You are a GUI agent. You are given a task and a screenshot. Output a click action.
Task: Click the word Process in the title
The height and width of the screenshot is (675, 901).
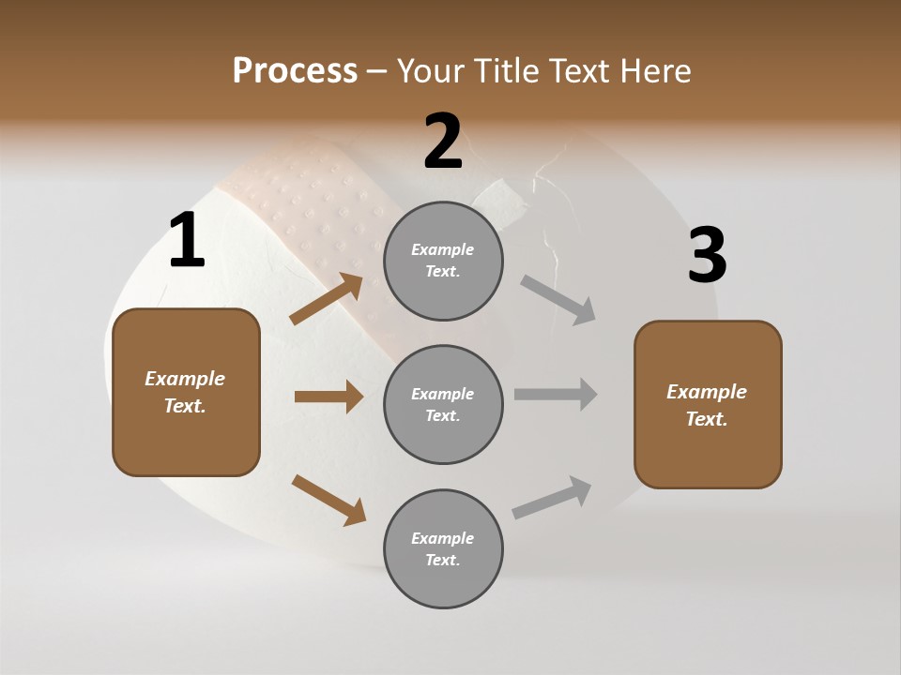tap(295, 71)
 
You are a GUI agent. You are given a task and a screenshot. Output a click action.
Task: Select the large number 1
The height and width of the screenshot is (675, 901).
tap(187, 241)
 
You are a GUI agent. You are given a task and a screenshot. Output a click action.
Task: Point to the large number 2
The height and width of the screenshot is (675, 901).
tap(443, 142)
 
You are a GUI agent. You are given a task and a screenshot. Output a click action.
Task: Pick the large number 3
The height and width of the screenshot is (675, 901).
tap(707, 255)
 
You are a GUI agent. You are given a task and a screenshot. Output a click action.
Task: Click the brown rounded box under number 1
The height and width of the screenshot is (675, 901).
tap(186, 392)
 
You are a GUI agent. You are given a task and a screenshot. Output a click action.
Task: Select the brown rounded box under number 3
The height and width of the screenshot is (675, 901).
tap(708, 404)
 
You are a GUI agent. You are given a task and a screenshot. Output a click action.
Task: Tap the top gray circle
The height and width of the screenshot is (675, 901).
tap(443, 261)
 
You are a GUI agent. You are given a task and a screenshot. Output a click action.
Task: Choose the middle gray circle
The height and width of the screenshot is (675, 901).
tap(443, 404)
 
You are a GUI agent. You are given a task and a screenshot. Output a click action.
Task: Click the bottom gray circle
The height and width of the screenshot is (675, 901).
tap(443, 548)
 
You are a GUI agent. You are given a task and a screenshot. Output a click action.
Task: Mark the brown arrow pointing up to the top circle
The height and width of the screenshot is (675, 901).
tap(327, 299)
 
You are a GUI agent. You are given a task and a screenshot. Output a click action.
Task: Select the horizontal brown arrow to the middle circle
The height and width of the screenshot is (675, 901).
tap(328, 397)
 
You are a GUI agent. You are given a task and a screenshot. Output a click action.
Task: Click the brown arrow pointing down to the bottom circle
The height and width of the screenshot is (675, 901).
tap(328, 500)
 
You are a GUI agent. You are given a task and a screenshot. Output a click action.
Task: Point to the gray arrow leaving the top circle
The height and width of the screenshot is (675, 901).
tap(557, 299)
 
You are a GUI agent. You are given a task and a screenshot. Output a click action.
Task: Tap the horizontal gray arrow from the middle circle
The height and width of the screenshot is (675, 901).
tap(556, 395)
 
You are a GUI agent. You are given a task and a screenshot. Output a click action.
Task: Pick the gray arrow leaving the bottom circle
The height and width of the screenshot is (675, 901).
tap(552, 498)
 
